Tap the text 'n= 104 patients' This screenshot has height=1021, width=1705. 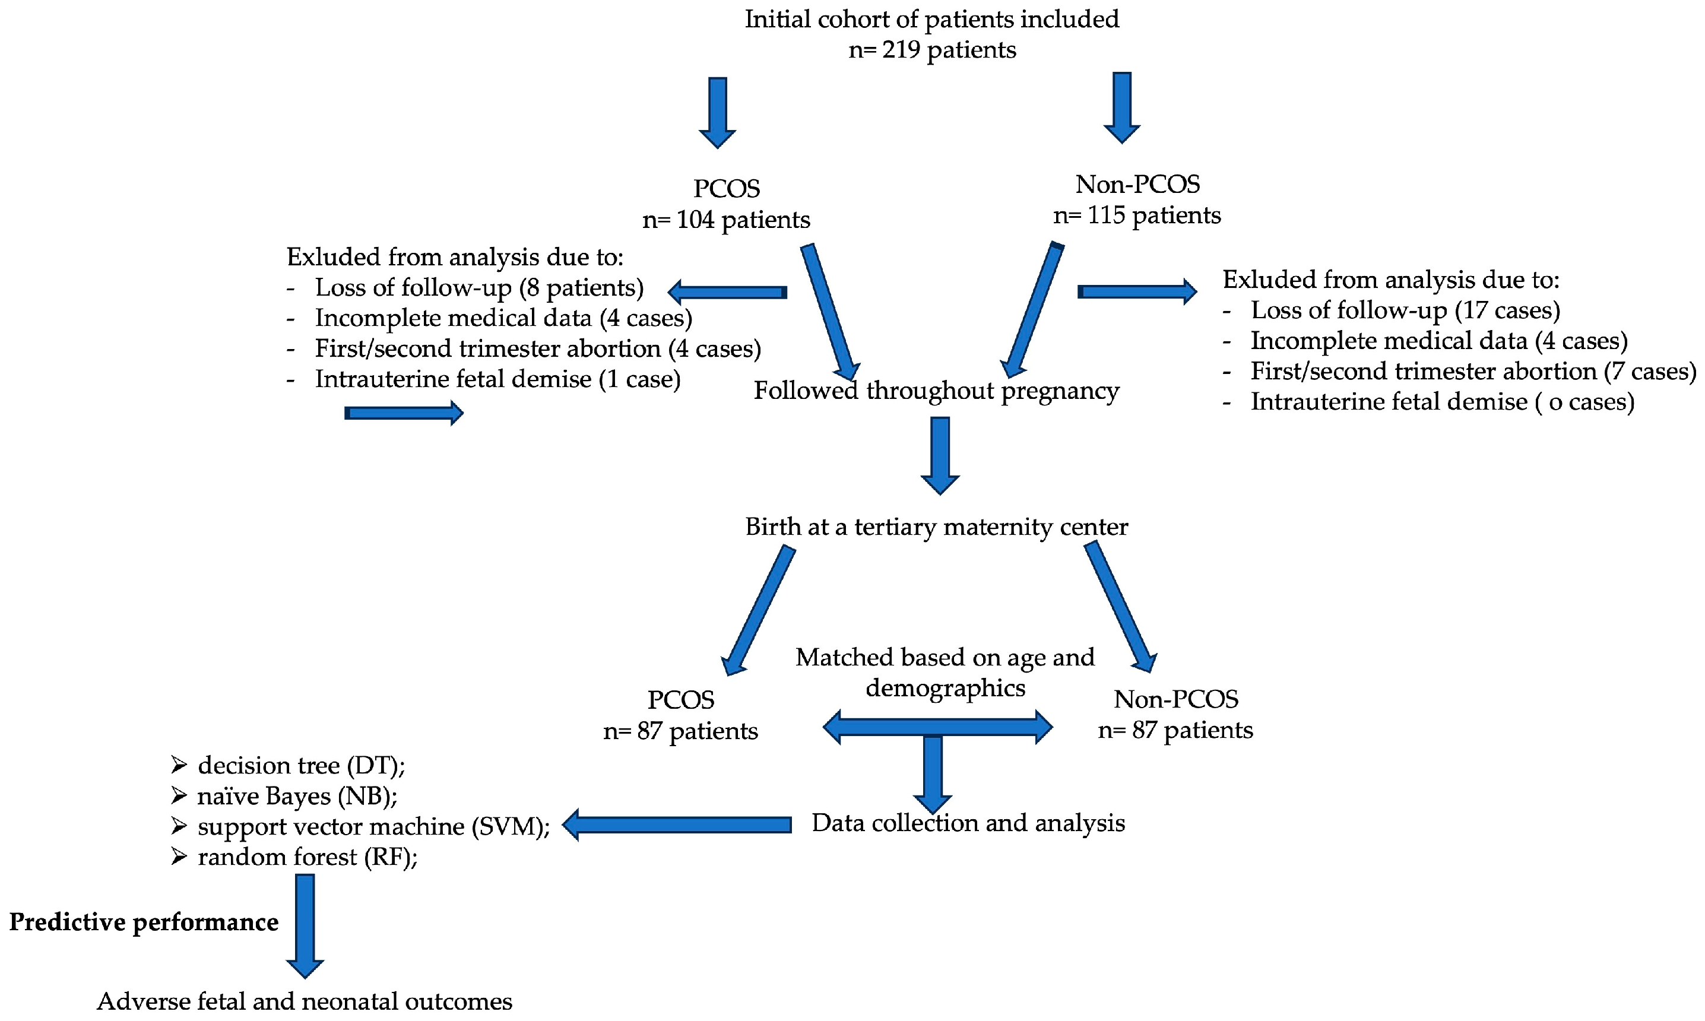coord(726,220)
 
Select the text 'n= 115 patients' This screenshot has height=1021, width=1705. coord(1137,216)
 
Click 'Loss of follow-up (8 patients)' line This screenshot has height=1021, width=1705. coord(479,287)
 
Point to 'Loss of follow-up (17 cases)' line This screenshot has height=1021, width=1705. coord(1405,310)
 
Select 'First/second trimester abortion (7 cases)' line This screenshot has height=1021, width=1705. coord(1472,372)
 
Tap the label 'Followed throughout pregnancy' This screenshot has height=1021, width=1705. coord(936,391)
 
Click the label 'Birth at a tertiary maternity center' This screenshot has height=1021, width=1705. coord(936,527)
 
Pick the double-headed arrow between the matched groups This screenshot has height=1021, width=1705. coord(937,727)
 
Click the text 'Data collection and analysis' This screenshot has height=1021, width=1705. coord(968,823)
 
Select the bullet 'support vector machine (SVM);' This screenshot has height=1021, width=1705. coord(373,826)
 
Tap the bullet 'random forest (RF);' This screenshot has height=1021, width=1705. coord(307,857)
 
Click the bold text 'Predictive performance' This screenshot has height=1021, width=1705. coord(144,922)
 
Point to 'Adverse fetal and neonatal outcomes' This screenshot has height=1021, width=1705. coord(304,1001)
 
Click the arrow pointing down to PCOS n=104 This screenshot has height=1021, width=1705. coord(717,112)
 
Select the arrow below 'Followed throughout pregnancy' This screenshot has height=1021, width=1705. coord(939,455)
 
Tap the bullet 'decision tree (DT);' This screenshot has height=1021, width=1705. coord(300,766)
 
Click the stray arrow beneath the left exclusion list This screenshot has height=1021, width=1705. coord(403,413)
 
